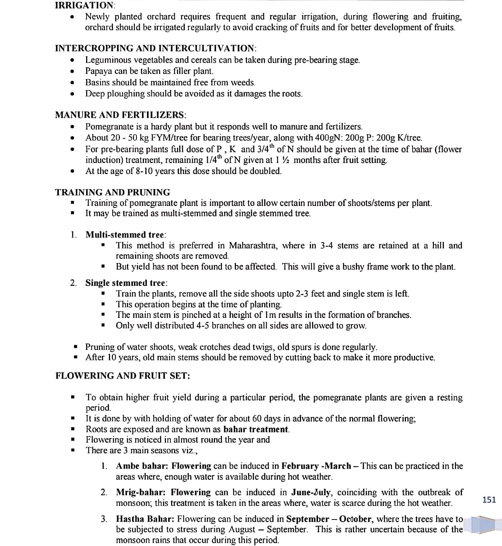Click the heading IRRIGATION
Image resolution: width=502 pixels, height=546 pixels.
[85, 5]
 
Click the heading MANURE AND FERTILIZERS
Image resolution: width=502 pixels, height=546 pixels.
[120, 115]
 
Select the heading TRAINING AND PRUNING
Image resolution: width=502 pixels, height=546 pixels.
[113, 192]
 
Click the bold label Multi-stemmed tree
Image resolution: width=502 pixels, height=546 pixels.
[125, 235]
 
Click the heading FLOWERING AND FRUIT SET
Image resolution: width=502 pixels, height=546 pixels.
[123, 376]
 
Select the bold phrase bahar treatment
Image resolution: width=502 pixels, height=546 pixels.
[256, 429]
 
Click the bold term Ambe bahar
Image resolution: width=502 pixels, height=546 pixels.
[142, 466]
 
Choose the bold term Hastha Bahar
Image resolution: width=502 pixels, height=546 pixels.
[145, 519]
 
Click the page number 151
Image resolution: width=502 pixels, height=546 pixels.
[489, 500]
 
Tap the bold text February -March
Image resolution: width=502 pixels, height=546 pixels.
[316, 466]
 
